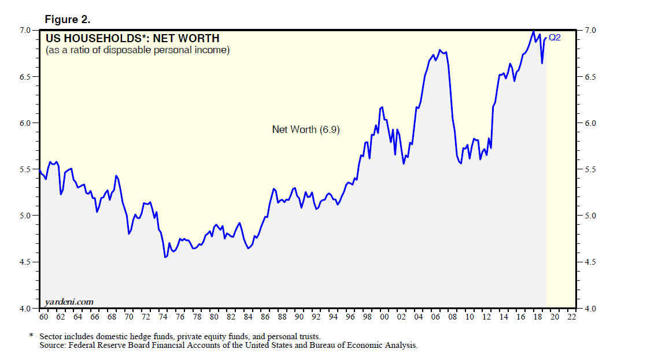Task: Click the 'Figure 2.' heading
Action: click(x=68, y=20)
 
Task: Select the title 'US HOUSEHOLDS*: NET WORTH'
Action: click(x=132, y=39)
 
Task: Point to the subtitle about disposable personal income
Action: click(x=138, y=50)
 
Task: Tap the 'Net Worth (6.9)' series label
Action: click(x=306, y=129)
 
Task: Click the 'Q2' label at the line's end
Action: click(x=555, y=38)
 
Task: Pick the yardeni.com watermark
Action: click(x=69, y=302)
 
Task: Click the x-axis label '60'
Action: click(x=43, y=317)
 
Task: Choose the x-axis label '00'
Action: click(x=385, y=317)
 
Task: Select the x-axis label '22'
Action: click(x=572, y=317)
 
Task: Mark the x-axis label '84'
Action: click(x=248, y=317)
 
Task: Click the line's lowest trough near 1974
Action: click(x=165, y=257)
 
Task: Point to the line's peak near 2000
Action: click(x=382, y=107)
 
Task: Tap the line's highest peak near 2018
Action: click(x=533, y=31)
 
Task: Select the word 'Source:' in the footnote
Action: click(x=53, y=345)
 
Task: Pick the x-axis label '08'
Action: click(x=453, y=317)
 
